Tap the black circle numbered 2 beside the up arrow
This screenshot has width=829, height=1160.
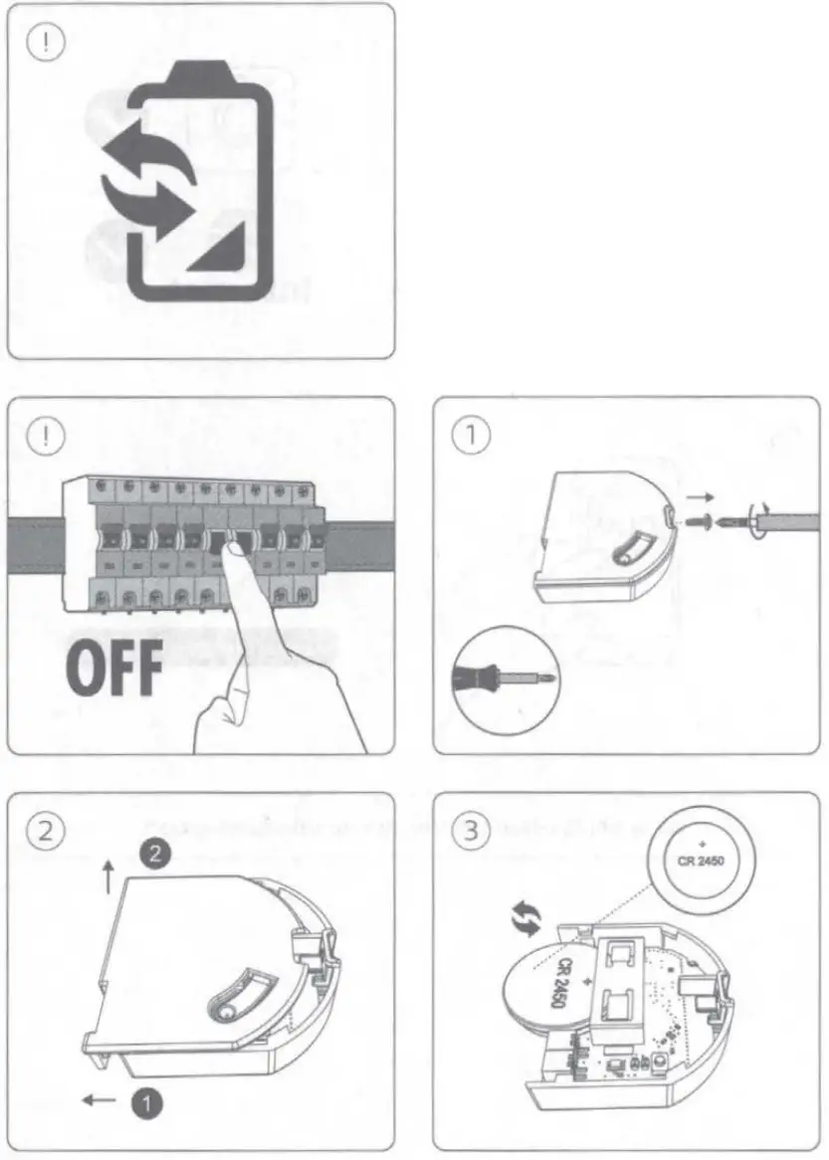tap(151, 853)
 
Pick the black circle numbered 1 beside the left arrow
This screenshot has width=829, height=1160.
tap(147, 1100)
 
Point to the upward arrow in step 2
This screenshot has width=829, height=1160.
tap(108, 880)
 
